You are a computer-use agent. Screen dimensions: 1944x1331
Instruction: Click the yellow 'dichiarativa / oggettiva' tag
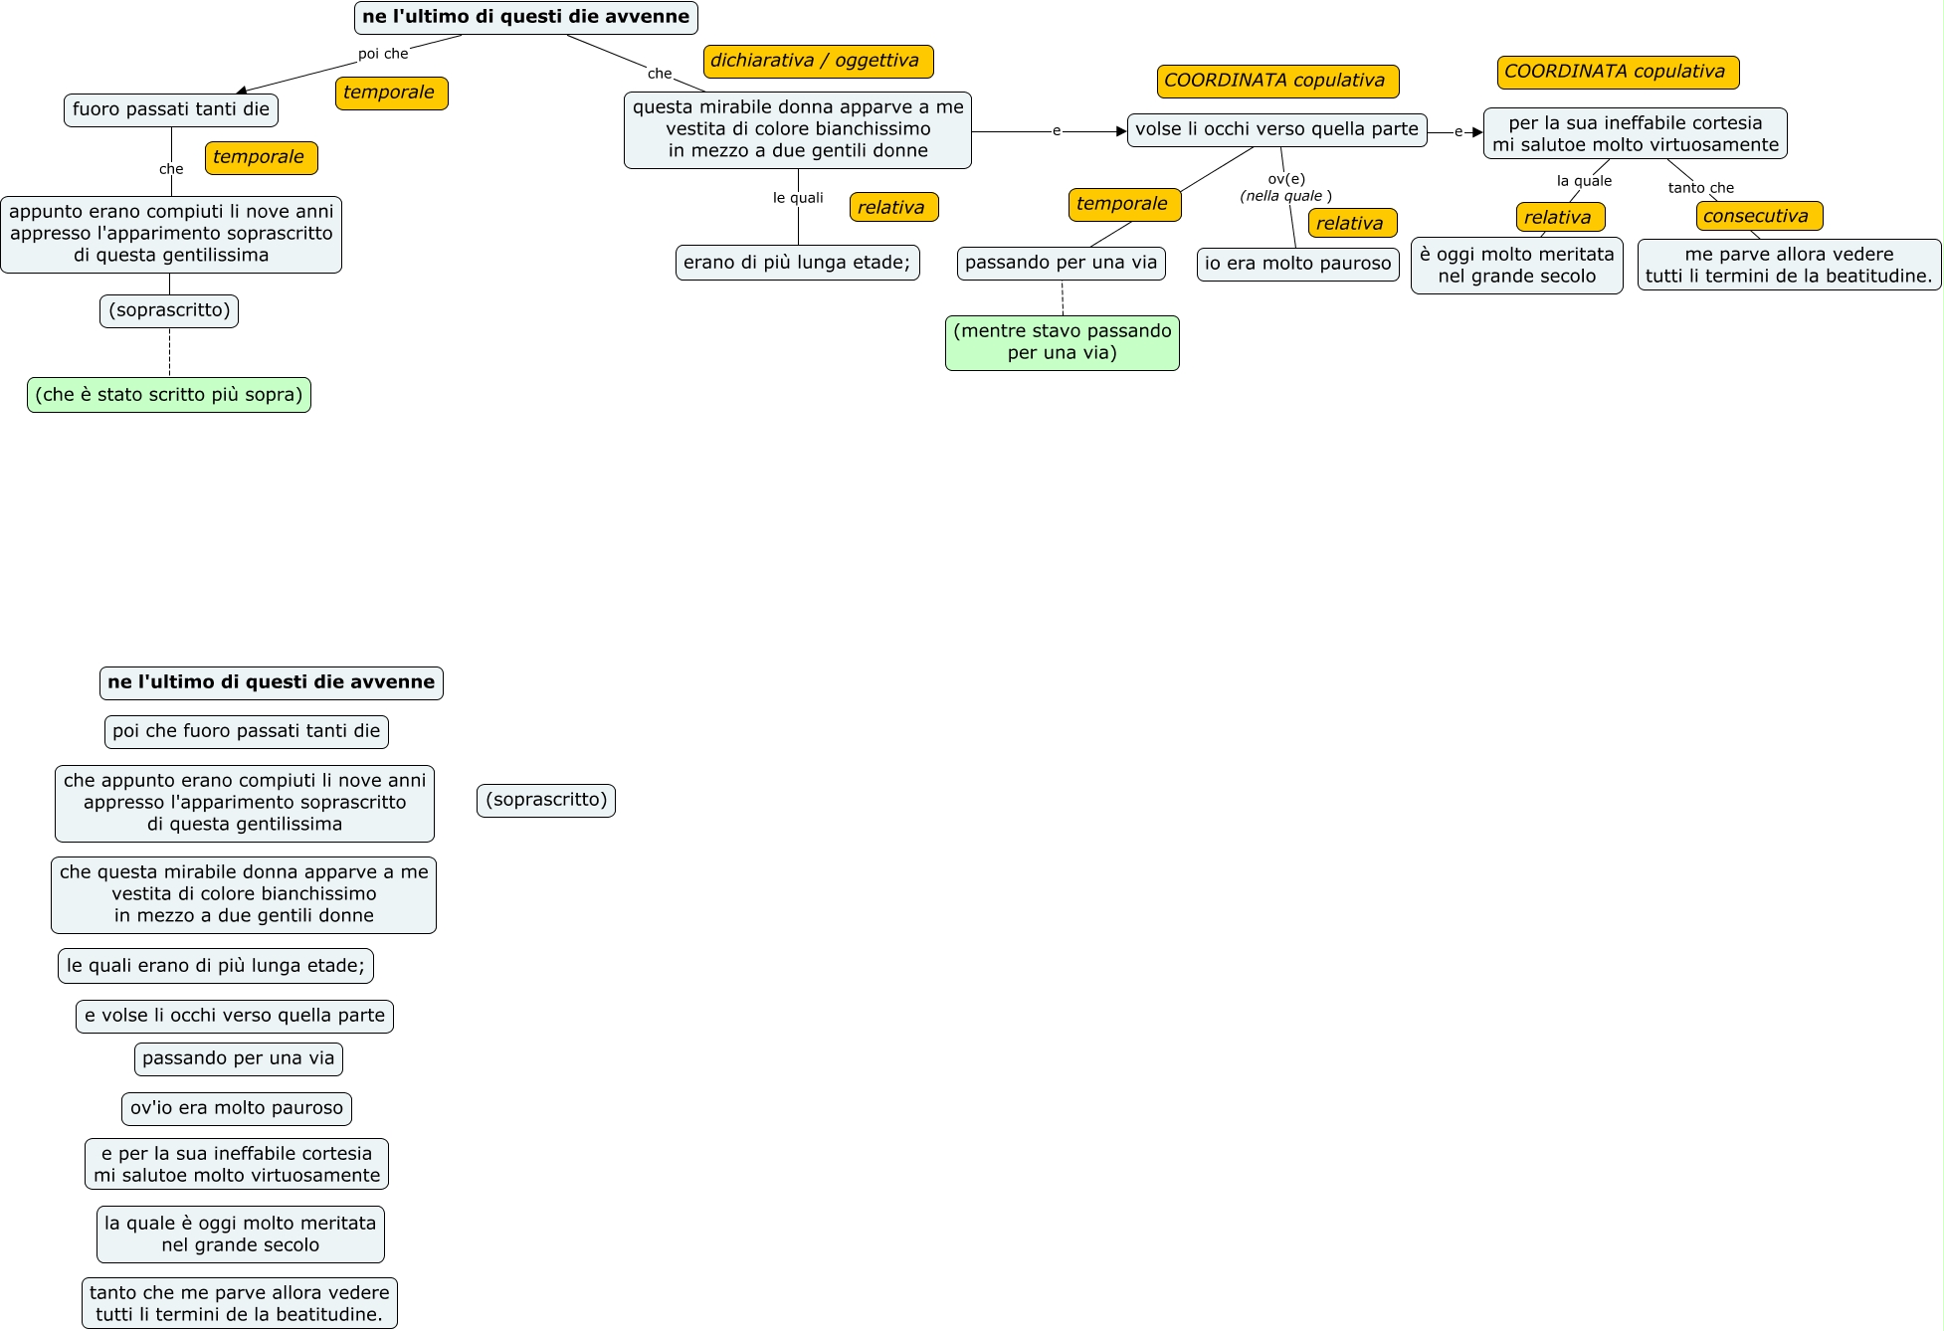[818, 61]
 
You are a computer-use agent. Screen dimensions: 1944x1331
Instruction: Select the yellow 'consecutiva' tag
[1759, 216]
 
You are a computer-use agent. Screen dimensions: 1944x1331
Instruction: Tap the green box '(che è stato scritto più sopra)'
[169, 395]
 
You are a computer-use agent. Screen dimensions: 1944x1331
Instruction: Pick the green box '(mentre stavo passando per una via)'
[1063, 342]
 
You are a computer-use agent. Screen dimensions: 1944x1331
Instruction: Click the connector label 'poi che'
[383, 54]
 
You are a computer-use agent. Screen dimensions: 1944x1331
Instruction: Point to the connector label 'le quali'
[798, 198]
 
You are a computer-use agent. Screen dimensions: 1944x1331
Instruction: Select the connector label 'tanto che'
[1700, 188]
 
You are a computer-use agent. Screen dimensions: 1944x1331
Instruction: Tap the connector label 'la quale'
[1584, 181]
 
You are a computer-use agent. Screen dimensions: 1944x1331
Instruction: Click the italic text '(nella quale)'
[1285, 196]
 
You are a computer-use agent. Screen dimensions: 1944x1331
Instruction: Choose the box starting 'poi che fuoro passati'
[247, 732]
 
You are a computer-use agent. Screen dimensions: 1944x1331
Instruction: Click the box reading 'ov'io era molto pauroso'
[237, 1108]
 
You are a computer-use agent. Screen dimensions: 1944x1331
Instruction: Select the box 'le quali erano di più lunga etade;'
[216, 966]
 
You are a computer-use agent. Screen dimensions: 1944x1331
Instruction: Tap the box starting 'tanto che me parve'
[240, 1303]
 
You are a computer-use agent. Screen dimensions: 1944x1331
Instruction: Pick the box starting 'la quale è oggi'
[241, 1235]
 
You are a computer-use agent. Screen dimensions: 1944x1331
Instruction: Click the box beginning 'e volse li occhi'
[235, 1016]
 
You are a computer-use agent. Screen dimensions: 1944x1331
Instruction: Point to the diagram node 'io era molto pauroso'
[1297, 264]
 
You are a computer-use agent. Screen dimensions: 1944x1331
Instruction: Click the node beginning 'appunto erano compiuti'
[171, 234]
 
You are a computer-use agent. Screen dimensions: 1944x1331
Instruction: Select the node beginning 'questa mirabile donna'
[798, 130]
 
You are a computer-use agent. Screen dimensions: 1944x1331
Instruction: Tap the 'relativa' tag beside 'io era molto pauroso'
[1352, 223]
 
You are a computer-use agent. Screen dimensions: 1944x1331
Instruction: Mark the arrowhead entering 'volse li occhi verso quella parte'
[1121, 131]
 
